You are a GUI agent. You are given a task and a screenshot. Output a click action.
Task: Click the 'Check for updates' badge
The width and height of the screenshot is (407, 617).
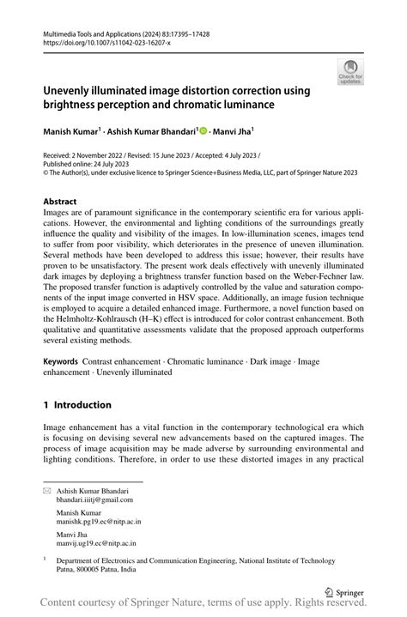(350, 75)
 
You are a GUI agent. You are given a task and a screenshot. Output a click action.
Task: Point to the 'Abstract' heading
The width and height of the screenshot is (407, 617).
(65, 202)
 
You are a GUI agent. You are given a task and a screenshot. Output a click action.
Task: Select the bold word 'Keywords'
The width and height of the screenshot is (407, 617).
(60, 362)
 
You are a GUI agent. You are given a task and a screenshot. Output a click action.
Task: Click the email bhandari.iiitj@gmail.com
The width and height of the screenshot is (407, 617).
(94, 499)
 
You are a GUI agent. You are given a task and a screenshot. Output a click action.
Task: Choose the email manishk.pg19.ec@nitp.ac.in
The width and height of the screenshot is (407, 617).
(99, 521)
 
